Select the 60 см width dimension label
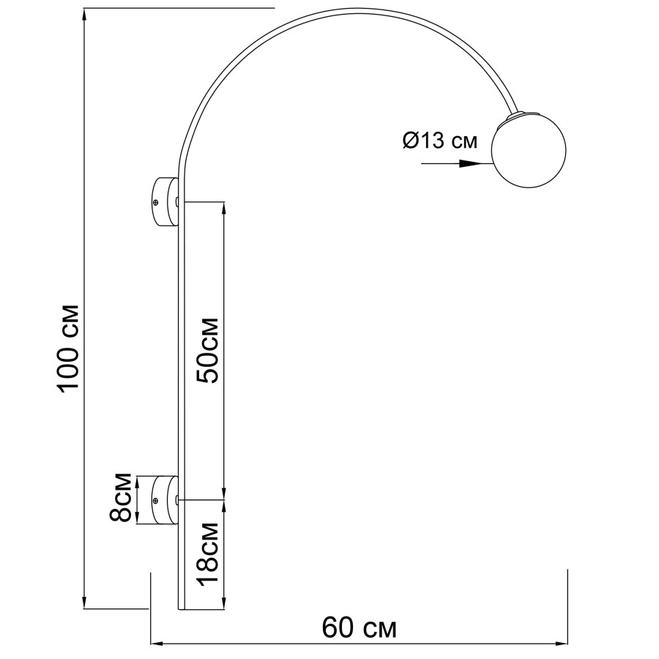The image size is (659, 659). pyautogui.click(x=360, y=628)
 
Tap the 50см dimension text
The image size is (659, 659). pyautogui.click(x=209, y=351)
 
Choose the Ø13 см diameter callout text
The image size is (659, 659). pyautogui.click(x=439, y=140)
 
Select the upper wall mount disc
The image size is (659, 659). pyautogui.click(x=166, y=202)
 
